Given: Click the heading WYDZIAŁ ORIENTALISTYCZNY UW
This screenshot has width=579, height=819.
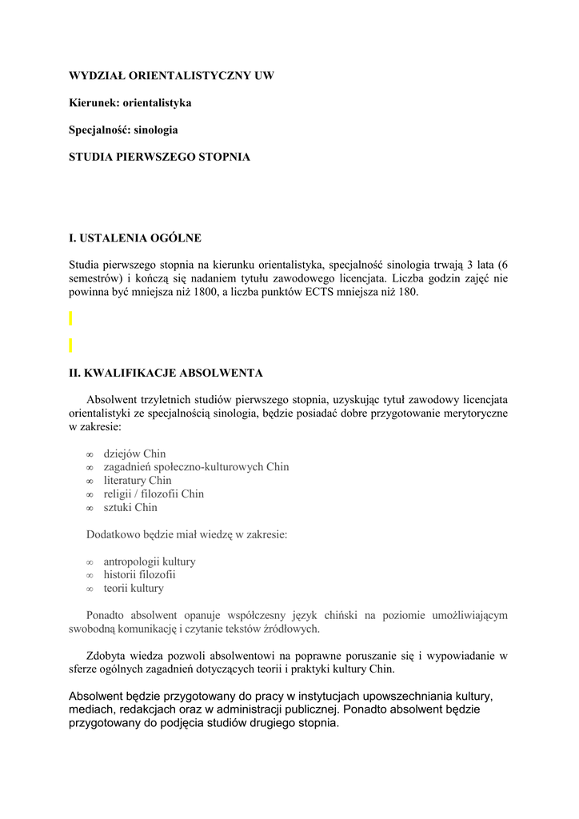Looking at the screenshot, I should pyautogui.click(x=171, y=76).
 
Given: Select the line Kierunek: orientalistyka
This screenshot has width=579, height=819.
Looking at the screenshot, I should pyautogui.click(x=130, y=103).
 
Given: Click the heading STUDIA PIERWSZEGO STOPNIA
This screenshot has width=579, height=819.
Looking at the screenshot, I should pyautogui.click(x=159, y=157).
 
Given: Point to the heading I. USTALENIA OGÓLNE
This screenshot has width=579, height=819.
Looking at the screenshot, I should pyautogui.click(x=134, y=238).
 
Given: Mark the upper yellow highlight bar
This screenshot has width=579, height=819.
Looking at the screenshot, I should pyautogui.click(x=70, y=318).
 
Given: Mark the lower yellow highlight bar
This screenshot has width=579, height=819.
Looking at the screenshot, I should pyautogui.click(x=70, y=346).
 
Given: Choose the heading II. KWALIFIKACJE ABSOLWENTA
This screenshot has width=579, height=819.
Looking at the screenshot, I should pyautogui.click(x=166, y=373).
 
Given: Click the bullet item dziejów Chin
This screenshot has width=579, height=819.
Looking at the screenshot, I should pyautogui.click(x=134, y=453).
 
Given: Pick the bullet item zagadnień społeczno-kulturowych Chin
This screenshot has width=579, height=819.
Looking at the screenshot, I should pyautogui.click(x=196, y=467).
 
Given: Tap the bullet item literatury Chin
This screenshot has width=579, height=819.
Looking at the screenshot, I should pyautogui.click(x=138, y=481).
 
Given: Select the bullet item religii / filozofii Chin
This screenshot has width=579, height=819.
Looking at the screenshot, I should pyautogui.click(x=154, y=494).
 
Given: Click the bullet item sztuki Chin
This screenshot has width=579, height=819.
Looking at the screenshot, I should pyautogui.click(x=130, y=508).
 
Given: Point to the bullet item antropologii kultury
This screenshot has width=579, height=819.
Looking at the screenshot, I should pyautogui.click(x=150, y=561).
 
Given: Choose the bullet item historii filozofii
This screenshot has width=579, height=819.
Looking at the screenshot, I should pyautogui.click(x=139, y=575).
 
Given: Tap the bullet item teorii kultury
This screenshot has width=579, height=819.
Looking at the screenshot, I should pyautogui.click(x=134, y=589).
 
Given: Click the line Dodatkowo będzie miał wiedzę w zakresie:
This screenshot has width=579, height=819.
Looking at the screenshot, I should pyautogui.click(x=186, y=534).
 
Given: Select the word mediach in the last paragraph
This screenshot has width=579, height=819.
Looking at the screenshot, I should pyautogui.click(x=91, y=709).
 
